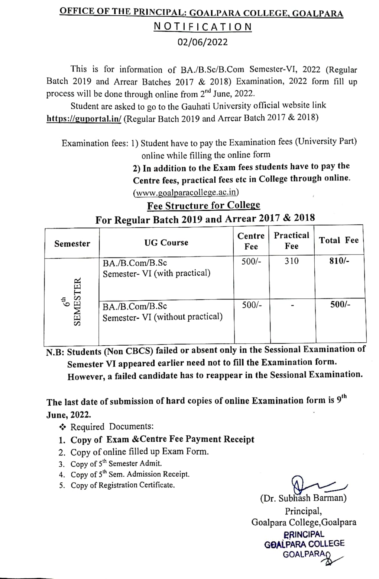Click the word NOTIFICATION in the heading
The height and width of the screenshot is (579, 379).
point(203,27)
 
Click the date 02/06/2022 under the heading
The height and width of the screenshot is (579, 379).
point(203,42)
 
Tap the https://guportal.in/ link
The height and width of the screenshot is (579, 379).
point(84,118)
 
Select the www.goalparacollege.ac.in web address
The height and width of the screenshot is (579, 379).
point(186,192)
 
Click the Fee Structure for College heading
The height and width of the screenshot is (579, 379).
point(204,205)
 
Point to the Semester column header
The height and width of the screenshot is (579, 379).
point(72,244)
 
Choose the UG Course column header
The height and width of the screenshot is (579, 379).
point(166,243)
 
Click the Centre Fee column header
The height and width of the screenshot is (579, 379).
point(251,241)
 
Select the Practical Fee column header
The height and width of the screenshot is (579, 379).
point(291,240)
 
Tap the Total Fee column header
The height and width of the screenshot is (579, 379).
point(339,240)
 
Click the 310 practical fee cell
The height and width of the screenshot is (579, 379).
point(291,261)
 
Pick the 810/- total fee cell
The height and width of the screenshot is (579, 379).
point(339,261)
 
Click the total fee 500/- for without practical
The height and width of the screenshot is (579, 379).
point(340,304)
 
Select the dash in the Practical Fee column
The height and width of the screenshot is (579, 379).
point(292,306)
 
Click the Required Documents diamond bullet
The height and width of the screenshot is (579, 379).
point(62,426)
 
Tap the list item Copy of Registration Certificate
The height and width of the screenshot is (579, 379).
point(122,485)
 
